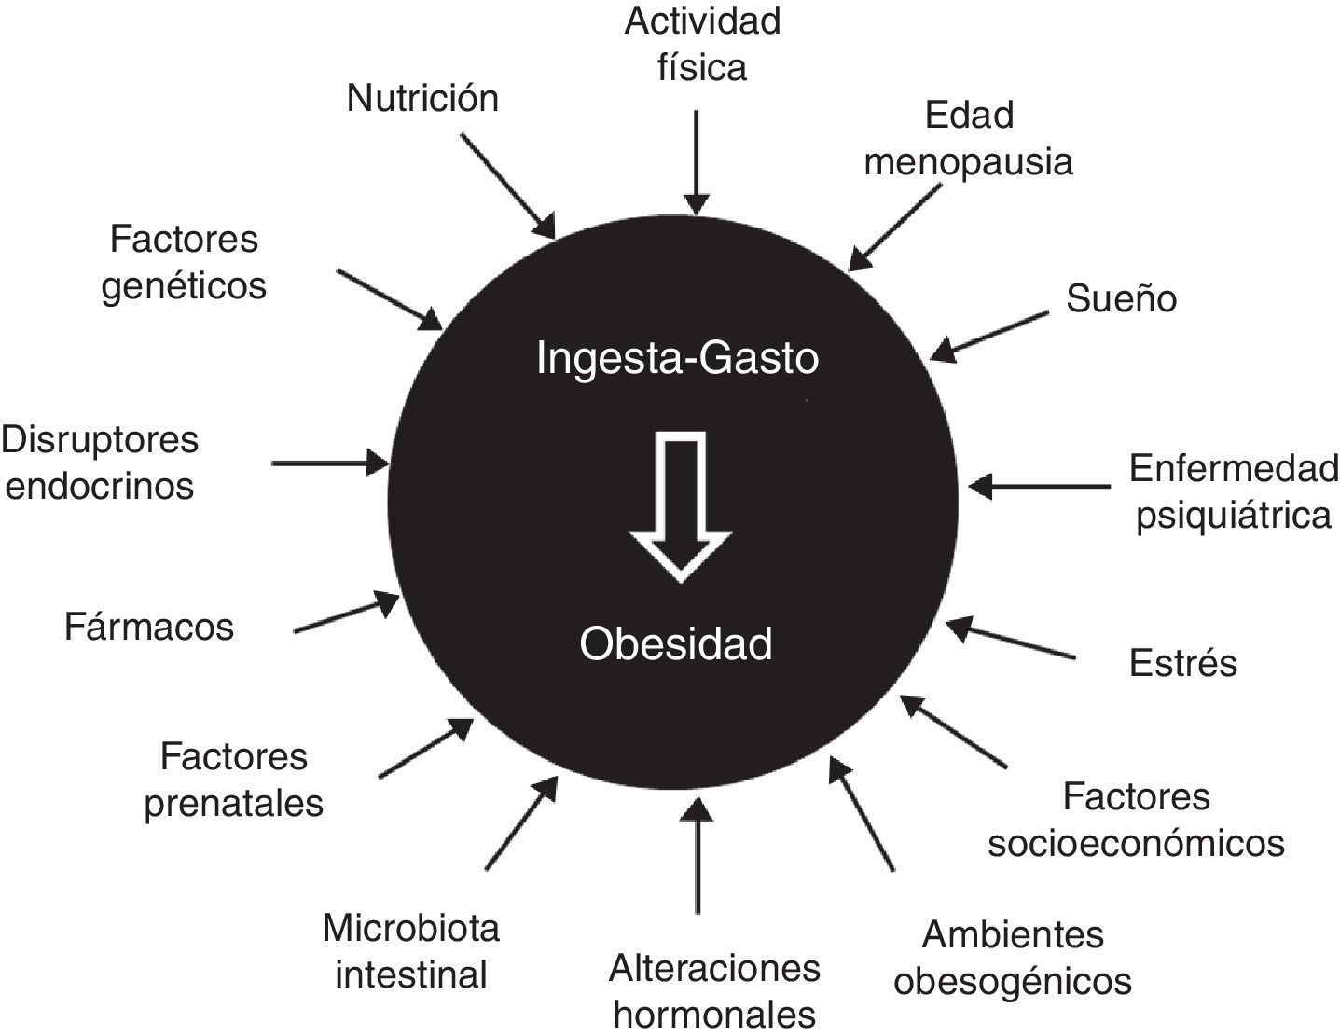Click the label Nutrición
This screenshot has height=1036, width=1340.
click(x=422, y=98)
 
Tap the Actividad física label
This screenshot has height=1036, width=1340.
click(x=702, y=44)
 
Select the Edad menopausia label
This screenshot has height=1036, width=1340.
click(x=968, y=138)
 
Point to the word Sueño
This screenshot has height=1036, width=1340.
click(x=1121, y=298)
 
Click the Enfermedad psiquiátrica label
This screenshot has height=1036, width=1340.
click(x=1233, y=491)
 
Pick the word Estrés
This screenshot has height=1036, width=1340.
click(x=1182, y=663)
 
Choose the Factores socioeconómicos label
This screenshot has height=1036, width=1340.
click(x=1136, y=820)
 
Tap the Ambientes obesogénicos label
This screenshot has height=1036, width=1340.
click(x=1013, y=957)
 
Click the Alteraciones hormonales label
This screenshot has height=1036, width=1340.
click(x=714, y=990)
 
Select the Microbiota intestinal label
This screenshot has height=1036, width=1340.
click(x=411, y=951)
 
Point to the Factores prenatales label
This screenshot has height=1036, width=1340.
click(x=233, y=780)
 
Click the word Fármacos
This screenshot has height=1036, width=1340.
click(x=149, y=627)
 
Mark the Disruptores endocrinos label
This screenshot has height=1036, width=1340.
click(x=100, y=463)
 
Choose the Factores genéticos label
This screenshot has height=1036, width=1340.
click(x=184, y=262)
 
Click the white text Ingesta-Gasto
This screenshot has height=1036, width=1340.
click(x=678, y=358)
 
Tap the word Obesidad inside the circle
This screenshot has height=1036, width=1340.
click(x=676, y=643)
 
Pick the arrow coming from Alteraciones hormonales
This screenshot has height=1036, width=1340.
click(x=697, y=858)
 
